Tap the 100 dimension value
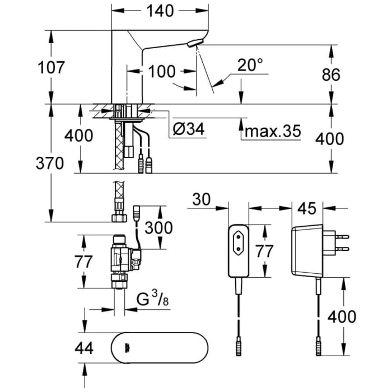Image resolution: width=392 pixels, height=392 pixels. point(162,71)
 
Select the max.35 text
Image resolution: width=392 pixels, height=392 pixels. point(273,132)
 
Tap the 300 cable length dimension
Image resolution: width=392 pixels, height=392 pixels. point(160,228)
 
